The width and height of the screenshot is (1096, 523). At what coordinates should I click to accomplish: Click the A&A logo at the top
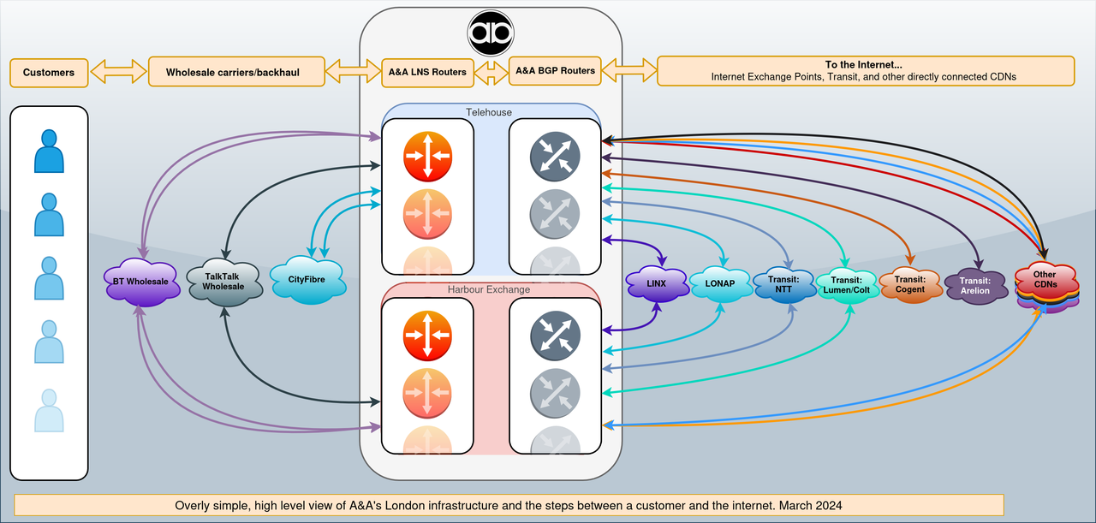(491, 33)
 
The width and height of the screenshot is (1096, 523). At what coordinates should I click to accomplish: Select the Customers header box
(49, 72)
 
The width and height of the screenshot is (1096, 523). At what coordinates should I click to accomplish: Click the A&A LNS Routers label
(427, 72)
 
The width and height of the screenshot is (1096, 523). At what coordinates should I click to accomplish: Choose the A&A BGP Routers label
(555, 70)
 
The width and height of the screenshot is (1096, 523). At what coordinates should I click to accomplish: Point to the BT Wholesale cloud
(141, 281)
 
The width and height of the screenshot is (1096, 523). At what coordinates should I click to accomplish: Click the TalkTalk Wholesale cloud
(223, 282)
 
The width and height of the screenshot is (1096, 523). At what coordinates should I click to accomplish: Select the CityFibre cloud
(307, 279)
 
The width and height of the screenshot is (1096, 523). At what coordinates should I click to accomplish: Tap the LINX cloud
(657, 283)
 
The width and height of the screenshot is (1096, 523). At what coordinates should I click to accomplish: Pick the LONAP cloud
(721, 283)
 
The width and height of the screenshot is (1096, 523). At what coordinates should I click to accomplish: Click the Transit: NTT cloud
(783, 283)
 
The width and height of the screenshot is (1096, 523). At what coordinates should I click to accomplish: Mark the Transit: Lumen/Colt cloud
(848, 284)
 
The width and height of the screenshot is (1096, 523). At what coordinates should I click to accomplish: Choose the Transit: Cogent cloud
(909, 284)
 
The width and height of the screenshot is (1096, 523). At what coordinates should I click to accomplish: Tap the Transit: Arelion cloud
(974, 285)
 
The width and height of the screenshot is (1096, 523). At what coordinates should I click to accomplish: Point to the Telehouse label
(489, 112)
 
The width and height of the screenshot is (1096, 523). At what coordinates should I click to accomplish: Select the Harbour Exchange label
(489, 289)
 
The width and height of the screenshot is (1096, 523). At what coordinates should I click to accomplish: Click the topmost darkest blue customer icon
(49, 152)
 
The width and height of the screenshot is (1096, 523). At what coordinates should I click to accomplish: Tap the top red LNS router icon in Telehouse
(427, 156)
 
